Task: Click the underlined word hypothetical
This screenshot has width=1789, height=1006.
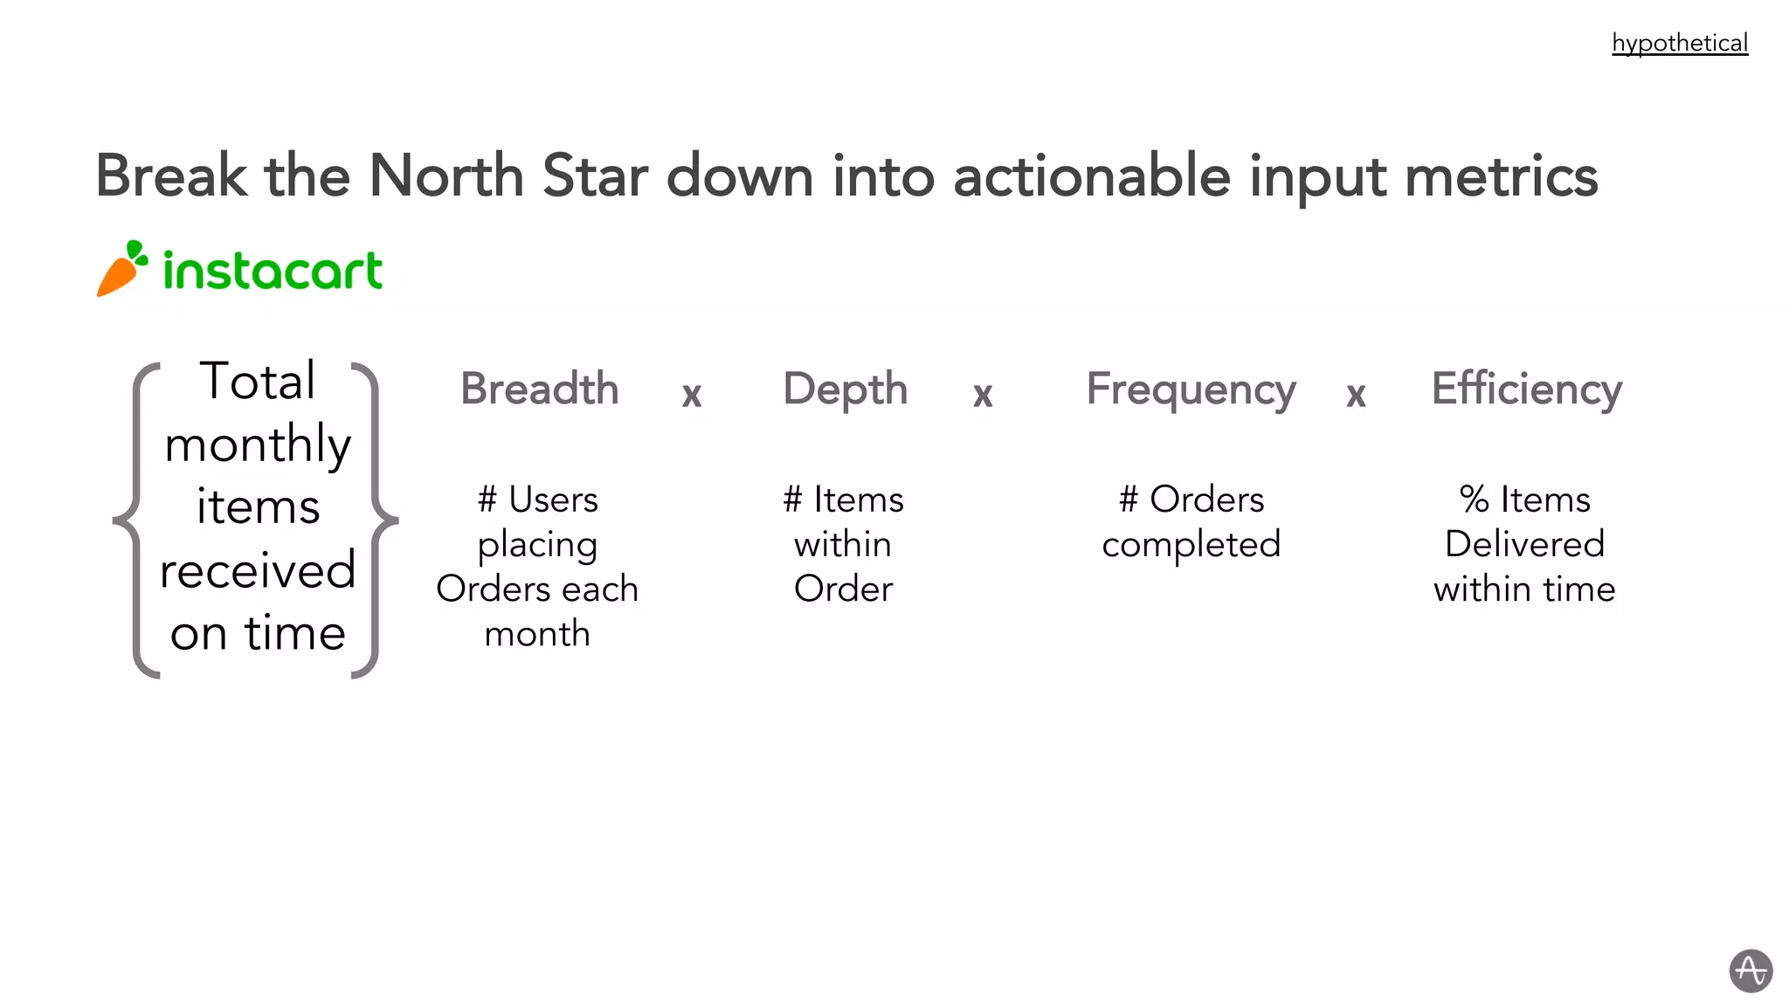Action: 1679,43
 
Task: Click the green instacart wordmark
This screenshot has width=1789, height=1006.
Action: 273,270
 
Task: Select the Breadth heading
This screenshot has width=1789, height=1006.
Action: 539,389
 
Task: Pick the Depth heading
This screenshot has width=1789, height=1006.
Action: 845,389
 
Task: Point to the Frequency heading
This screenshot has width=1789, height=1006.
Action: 1191,389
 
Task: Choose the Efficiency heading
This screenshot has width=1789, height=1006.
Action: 1526,389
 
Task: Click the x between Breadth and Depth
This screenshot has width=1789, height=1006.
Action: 692,395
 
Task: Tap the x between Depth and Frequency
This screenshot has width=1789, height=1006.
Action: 983,395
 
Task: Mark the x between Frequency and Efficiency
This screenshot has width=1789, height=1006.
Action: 1356,395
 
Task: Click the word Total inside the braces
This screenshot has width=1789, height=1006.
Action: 258,381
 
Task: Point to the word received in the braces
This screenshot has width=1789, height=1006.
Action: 258,570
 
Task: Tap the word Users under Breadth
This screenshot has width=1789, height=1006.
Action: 553,500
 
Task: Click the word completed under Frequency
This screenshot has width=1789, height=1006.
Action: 1191,545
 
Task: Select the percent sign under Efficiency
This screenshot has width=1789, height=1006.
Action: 1474,500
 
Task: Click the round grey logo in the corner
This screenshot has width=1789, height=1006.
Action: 1751,971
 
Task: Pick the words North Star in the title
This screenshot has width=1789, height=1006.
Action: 509,176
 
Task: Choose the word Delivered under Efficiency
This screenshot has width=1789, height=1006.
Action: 1524,544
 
